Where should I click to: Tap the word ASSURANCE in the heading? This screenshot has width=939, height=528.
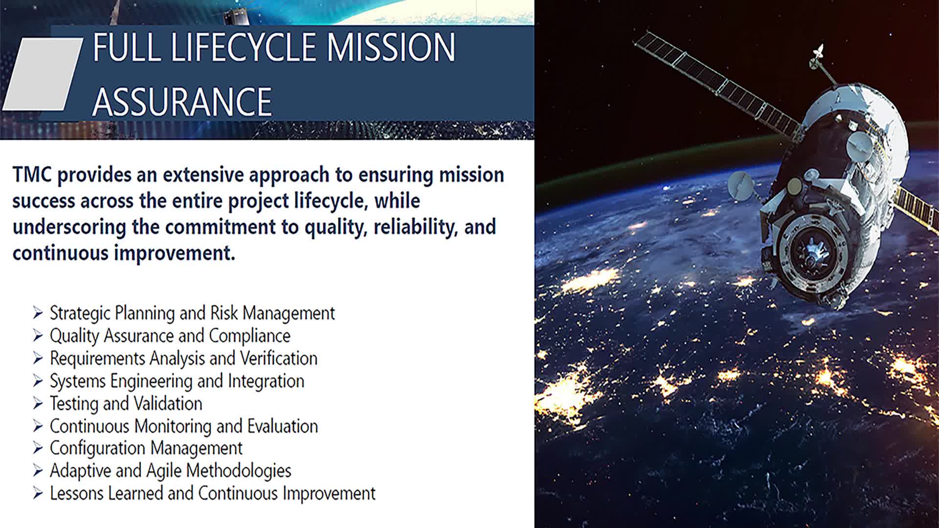[182, 101]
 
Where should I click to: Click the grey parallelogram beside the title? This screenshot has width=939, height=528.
[43, 74]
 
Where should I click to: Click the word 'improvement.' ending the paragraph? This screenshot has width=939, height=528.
[175, 254]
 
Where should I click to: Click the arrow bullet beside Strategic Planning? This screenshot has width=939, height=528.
[38, 312]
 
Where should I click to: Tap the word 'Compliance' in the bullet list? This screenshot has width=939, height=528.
[249, 336]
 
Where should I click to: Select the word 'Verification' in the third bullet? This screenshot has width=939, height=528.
[279, 358]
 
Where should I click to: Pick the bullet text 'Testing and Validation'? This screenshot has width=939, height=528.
[126, 404]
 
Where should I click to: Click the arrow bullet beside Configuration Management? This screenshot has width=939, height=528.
[38, 448]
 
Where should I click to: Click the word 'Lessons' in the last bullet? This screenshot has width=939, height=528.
[77, 493]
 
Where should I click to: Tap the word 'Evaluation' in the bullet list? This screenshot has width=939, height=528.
[283, 426]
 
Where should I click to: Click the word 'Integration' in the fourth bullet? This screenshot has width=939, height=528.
[266, 381]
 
